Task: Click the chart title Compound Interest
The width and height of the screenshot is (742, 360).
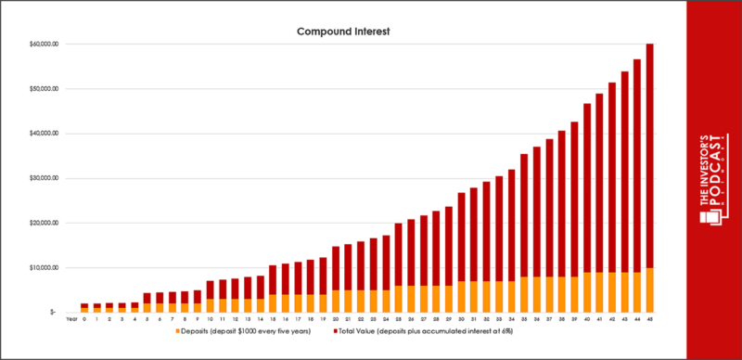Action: click(344, 31)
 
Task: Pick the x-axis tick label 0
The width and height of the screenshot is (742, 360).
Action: click(84, 320)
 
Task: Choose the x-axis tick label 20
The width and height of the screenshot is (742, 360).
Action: click(336, 320)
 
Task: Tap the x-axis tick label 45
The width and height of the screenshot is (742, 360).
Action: click(648, 320)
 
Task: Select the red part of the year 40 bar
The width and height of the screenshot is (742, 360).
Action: click(586, 186)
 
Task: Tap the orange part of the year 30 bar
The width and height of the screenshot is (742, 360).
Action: click(461, 296)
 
